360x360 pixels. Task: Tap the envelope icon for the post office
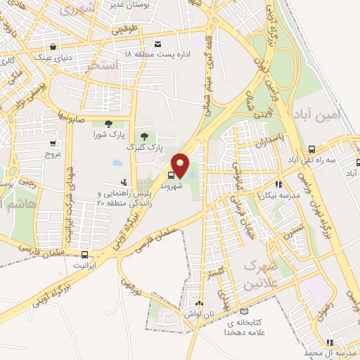pos(158,44)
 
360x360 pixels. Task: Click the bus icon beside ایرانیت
pos(85,255)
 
